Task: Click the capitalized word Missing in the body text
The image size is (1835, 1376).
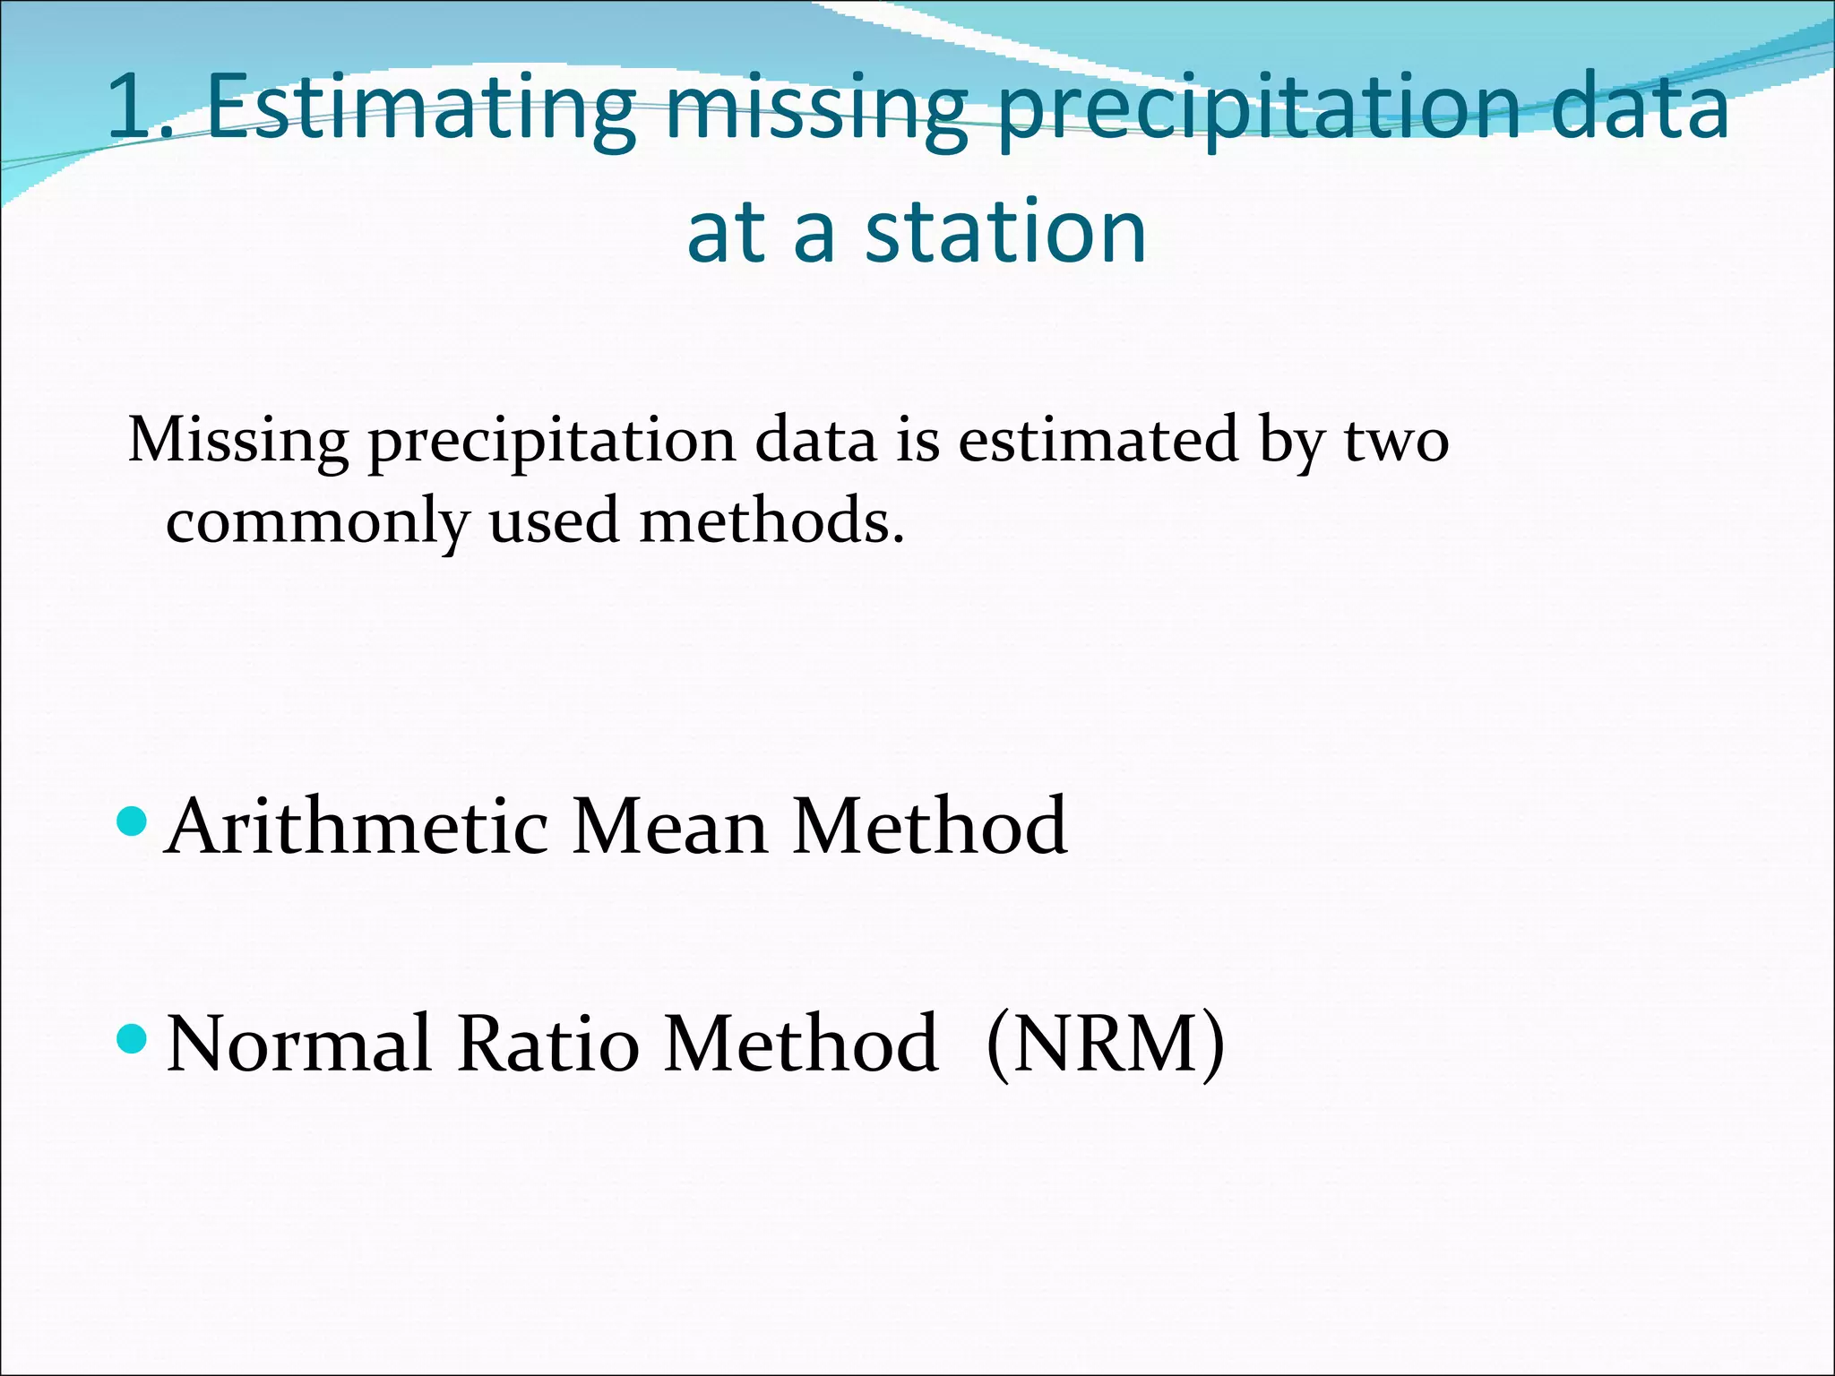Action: click(x=238, y=441)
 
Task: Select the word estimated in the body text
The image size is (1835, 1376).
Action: click(x=1098, y=441)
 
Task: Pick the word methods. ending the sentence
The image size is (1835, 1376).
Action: click(x=771, y=521)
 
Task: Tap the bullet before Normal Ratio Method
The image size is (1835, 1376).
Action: click(x=132, y=1039)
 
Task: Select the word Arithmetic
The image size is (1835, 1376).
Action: click(x=358, y=826)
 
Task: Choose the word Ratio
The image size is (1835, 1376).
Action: click(x=547, y=1044)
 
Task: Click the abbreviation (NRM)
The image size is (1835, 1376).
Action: click(x=1105, y=1044)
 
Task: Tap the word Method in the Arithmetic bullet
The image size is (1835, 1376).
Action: click(x=929, y=826)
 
